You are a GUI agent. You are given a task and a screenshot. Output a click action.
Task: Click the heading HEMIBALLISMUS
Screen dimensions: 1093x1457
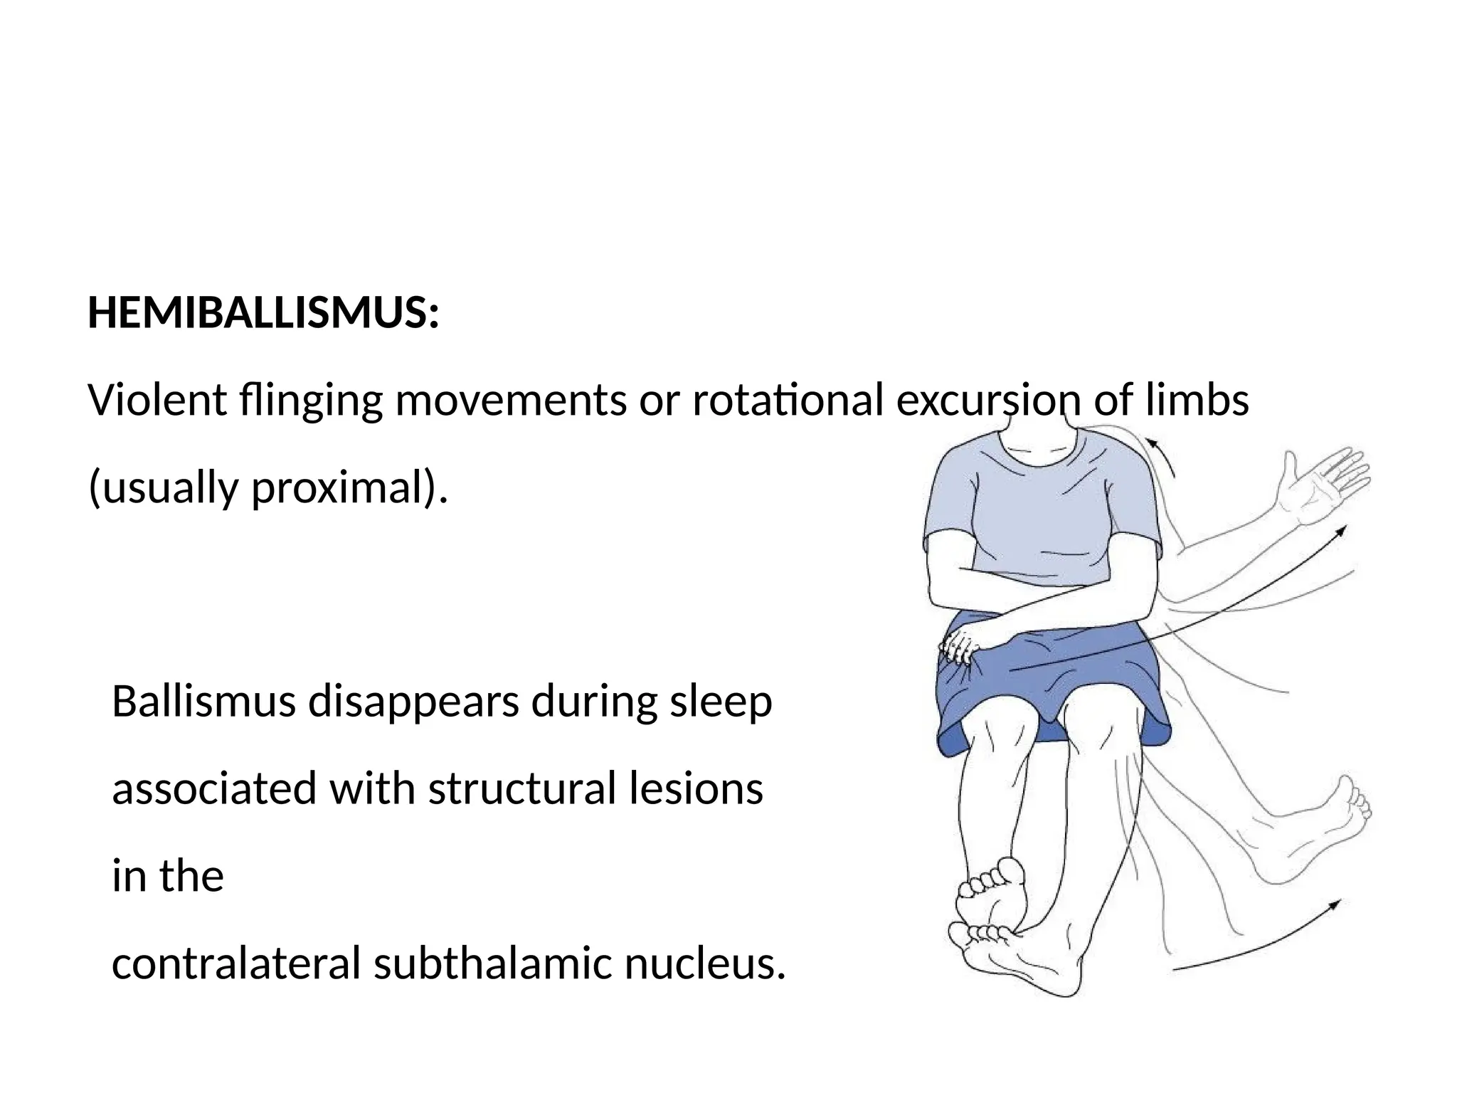pyautogui.click(x=263, y=313)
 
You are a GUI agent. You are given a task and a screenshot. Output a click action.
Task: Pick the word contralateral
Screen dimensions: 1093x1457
pyautogui.click(x=236, y=963)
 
